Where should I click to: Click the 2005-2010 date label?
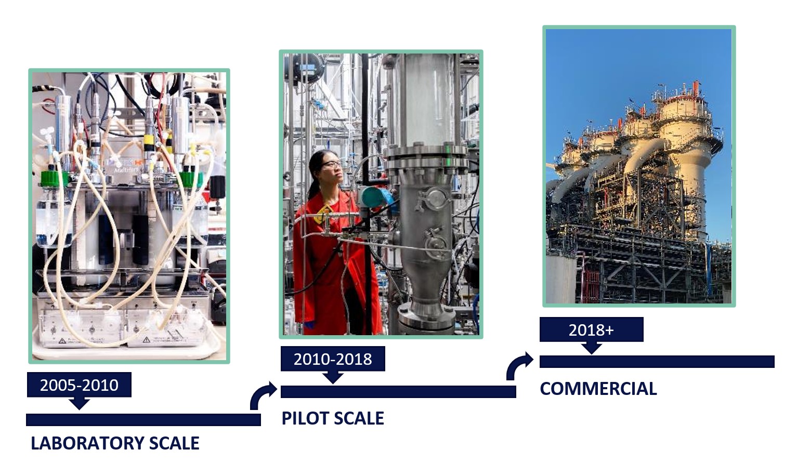(79, 385)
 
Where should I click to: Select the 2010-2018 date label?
(333, 359)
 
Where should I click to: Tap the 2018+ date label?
(591, 329)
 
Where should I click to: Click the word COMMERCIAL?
(598, 389)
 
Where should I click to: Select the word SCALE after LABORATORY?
(174, 443)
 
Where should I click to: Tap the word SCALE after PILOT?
(358, 418)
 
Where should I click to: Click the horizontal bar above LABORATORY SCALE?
(143, 420)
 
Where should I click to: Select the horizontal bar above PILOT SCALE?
(398, 392)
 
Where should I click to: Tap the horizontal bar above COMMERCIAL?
(657, 362)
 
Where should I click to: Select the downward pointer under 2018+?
(591, 348)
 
